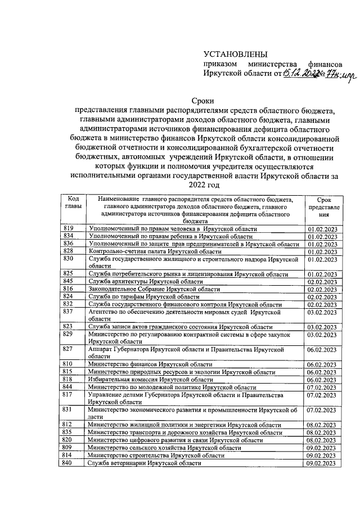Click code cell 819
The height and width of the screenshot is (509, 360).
click(x=69, y=229)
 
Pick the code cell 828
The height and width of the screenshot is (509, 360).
click(x=69, y=251)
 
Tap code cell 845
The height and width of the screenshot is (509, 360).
click(x=69, y=281)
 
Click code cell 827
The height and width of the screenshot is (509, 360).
click(x=69, y=349)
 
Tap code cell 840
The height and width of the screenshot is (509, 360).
click(x=69, y=462)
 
